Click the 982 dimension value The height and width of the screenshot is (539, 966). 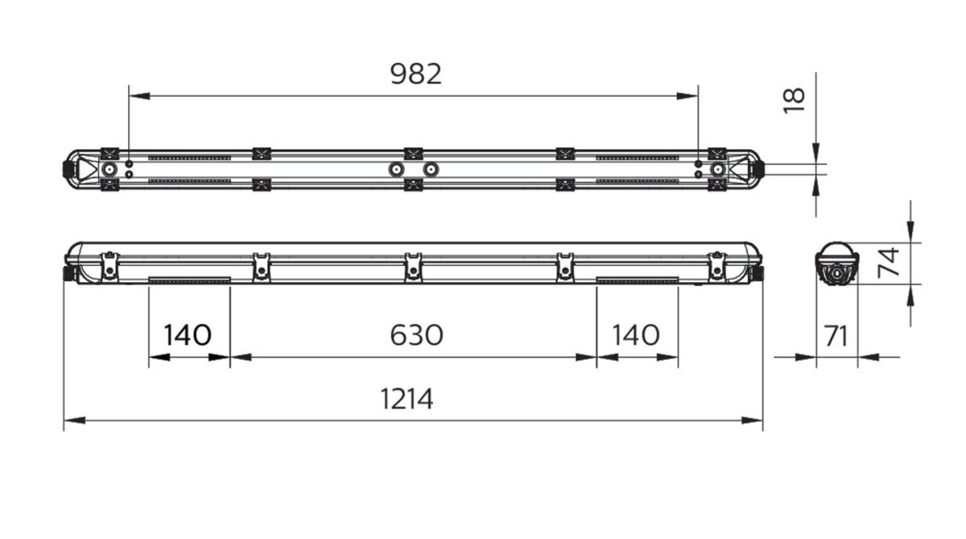click(416, 74)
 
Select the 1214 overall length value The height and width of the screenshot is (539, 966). click(407, 399)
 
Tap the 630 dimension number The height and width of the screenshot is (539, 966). click(416, 334)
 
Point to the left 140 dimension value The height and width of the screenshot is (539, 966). click(188, 334)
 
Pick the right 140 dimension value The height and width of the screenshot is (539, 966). click(636, 334)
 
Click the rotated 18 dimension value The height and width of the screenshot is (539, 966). click(794, 99)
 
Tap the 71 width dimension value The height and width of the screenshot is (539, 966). click(837, 335)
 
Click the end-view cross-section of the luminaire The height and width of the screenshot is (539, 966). click(837, 264)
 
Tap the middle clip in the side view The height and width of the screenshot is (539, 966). click(413, 266)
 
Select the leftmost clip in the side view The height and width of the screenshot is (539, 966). click(109, 266)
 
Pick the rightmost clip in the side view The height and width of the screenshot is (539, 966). click(716, 266)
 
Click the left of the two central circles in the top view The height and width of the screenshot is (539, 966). click(395, 169)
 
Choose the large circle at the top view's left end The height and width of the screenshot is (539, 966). click(109, 169)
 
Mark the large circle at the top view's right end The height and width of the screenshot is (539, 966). click(716, 169)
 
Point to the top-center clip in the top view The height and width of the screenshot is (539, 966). click(413, 153)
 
